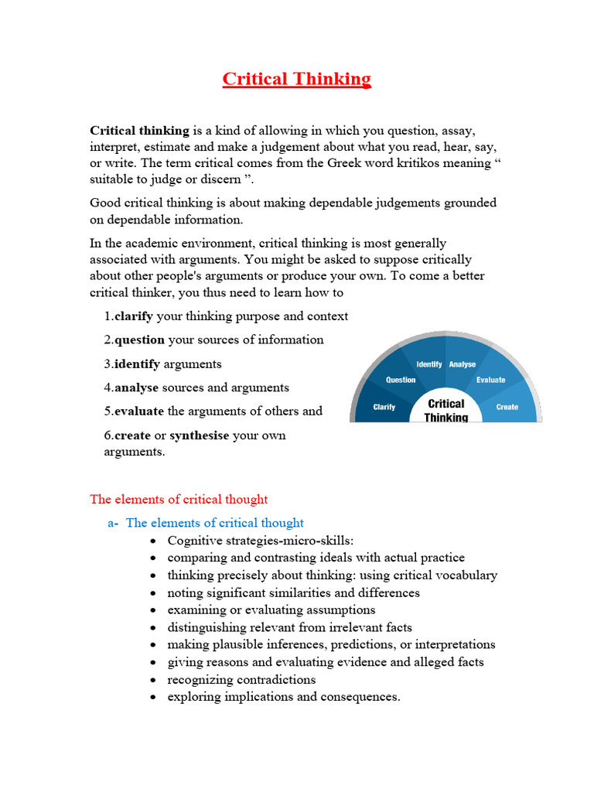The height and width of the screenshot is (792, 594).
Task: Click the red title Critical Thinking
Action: (x=297, y=79)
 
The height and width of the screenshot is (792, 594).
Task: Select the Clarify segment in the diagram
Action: (x=384, y=407)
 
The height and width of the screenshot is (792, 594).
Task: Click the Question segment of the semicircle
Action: (x=401, y=380)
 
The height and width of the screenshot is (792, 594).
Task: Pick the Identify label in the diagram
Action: (x=429, y=364)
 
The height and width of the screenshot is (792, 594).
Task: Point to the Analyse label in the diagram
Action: (x=463, y=364)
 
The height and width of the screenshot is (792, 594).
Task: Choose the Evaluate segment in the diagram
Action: (x=491, y=380)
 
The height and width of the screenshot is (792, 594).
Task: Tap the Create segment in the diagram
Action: (x=507, y=407)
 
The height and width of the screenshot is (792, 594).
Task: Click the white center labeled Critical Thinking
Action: (x=446, y=410)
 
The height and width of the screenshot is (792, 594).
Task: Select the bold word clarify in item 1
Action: (x=134, y=316)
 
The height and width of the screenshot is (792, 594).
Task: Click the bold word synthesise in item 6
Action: (x=200, y=435)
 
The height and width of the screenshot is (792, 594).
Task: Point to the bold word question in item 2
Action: (x=140, y=340)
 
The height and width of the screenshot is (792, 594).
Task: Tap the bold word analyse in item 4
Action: (x=137, y=387)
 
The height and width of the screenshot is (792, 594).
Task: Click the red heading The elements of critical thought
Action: (x=179, y=500)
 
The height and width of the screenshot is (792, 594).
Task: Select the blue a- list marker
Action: (x=113, y=523)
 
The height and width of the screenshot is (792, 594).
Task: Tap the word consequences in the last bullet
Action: (x=358, y=697)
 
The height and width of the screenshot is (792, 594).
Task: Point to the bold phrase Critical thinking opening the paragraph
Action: (x=140, y=131)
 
